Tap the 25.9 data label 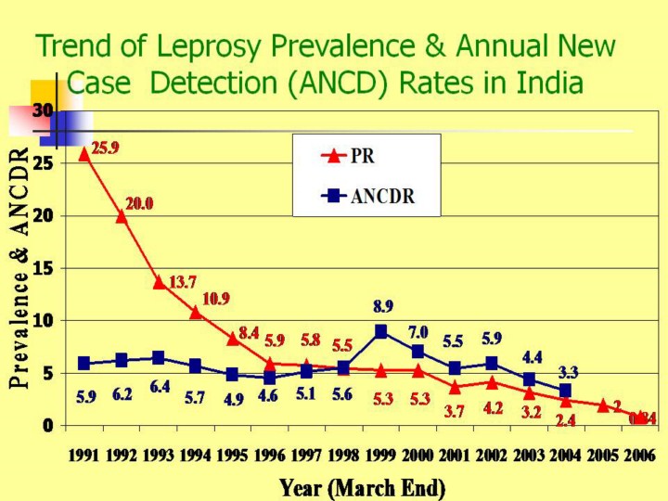coord(105,148)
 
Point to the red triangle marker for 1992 coord(122,216)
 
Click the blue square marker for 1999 coord(381,331)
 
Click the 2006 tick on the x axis coord(640,456)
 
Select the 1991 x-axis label coord(84,456)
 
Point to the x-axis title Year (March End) coord(362,486)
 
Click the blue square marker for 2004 coord(565,391)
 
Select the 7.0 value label coord(417,331)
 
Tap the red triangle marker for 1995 coord(233,338)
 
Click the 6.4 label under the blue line coord(160,387)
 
